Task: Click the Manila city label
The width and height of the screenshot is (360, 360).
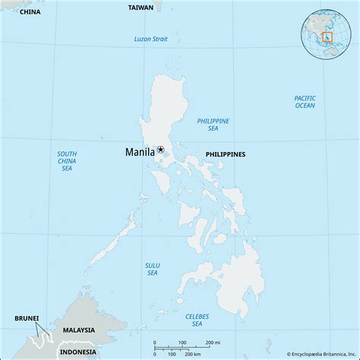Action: click(x=140, y=152)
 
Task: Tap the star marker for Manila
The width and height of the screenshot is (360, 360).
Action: click(x=160, y=150)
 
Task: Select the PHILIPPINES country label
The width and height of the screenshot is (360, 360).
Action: click(x=226, y=154)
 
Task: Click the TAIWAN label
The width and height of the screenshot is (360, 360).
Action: click(x=140, y=7)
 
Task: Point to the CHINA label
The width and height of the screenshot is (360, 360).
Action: click(x=30, y=12)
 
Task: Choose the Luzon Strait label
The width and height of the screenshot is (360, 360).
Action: click(x=150, y=39)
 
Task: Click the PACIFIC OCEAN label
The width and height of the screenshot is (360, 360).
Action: click(x=305, y=102)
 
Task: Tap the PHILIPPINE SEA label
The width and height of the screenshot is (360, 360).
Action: click(x=213, y=125)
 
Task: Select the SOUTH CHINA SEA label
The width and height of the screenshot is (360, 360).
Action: click(x=67, y=160)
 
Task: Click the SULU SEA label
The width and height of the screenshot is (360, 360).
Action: click(x=153, y=269)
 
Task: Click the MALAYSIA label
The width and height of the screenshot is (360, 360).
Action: click(x=79, y=330)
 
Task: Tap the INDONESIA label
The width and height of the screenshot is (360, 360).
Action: click(x=78, y=350)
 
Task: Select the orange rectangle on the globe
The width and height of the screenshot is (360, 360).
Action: click(x=327, y=36)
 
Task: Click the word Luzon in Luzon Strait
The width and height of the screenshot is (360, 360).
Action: click(x=143, y=39)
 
